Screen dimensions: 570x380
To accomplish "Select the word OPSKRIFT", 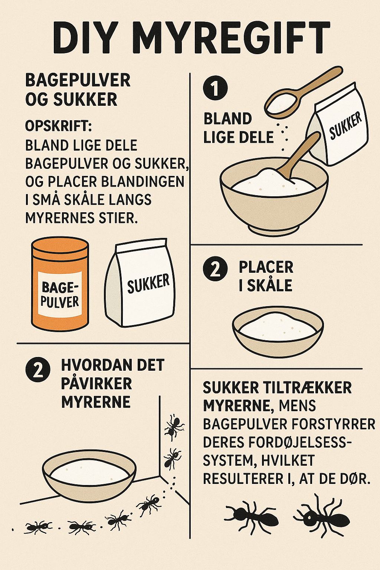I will [x=58, y=126].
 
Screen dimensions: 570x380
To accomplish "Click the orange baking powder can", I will [x=60, y=284].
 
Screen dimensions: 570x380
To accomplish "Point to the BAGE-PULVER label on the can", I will [x=60, y=294].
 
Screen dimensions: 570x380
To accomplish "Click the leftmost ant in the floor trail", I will [x=37, y=526].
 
